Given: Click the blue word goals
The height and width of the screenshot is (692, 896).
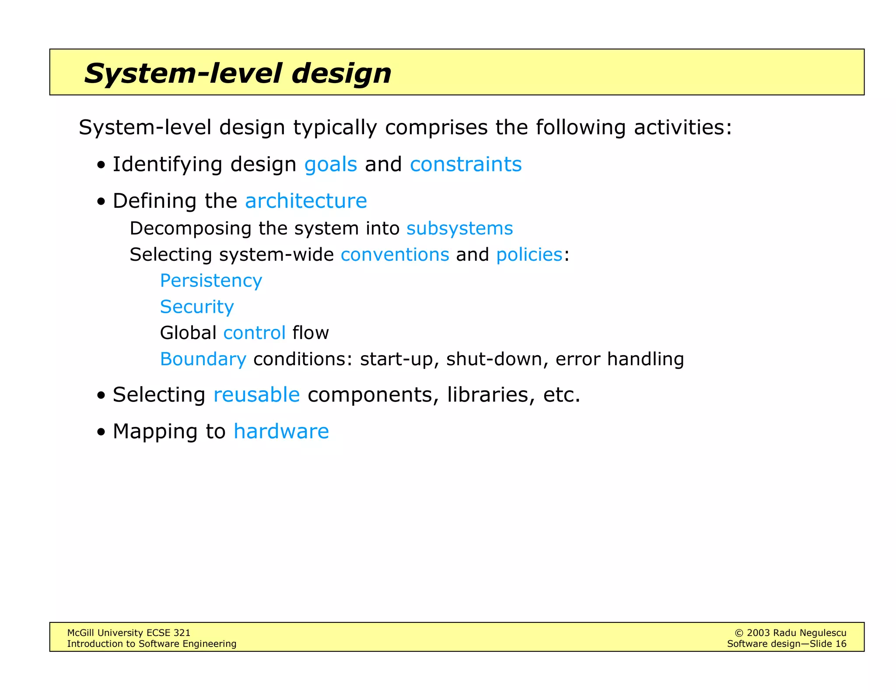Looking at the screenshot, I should pyautogui.click(x=330, y=165).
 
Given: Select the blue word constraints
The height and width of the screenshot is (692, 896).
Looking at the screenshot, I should pyautogui.click(x=465, y=165).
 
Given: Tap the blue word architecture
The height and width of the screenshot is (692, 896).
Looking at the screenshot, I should pyautogui.click(x=306, y=201).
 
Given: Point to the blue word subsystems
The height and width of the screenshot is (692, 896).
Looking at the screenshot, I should pyautogui.click(x=459, y=229).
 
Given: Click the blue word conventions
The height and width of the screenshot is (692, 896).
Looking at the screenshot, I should pyautogui.click(x=395, y=255).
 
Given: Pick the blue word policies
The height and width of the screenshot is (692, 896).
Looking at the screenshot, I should pyautogui.click(x=529, y=255).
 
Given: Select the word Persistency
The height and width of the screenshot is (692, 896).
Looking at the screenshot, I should pyautogui.click(x=211, y=281).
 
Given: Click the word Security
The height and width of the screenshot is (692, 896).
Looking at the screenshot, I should pyautogui.click(x=197, y=307).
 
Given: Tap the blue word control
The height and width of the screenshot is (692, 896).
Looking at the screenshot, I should pyautogui.click(x=254, y=333).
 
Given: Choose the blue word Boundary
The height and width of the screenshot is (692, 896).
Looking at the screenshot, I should pyautogui.click(x=203, y=359).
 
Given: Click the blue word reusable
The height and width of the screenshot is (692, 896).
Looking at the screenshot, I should pyautogui.click(x=256, y=395).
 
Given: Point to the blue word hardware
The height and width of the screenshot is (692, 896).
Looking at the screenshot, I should pyautogui.click(x=281, y=432).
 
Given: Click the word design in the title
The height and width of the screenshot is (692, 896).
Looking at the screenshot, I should pyautogui.click(x=341, y=73).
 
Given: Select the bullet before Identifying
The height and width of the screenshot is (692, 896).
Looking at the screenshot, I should pyautogui.click(x=101, y=166).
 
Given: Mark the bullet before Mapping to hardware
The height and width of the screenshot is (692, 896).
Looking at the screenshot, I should pyautogui.click(x=101, y=433).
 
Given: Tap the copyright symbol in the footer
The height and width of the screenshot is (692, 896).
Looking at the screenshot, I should pyautogui.click(x=739, y=633).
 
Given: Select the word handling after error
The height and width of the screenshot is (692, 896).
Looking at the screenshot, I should pyautogui.click(x=645, y=359).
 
